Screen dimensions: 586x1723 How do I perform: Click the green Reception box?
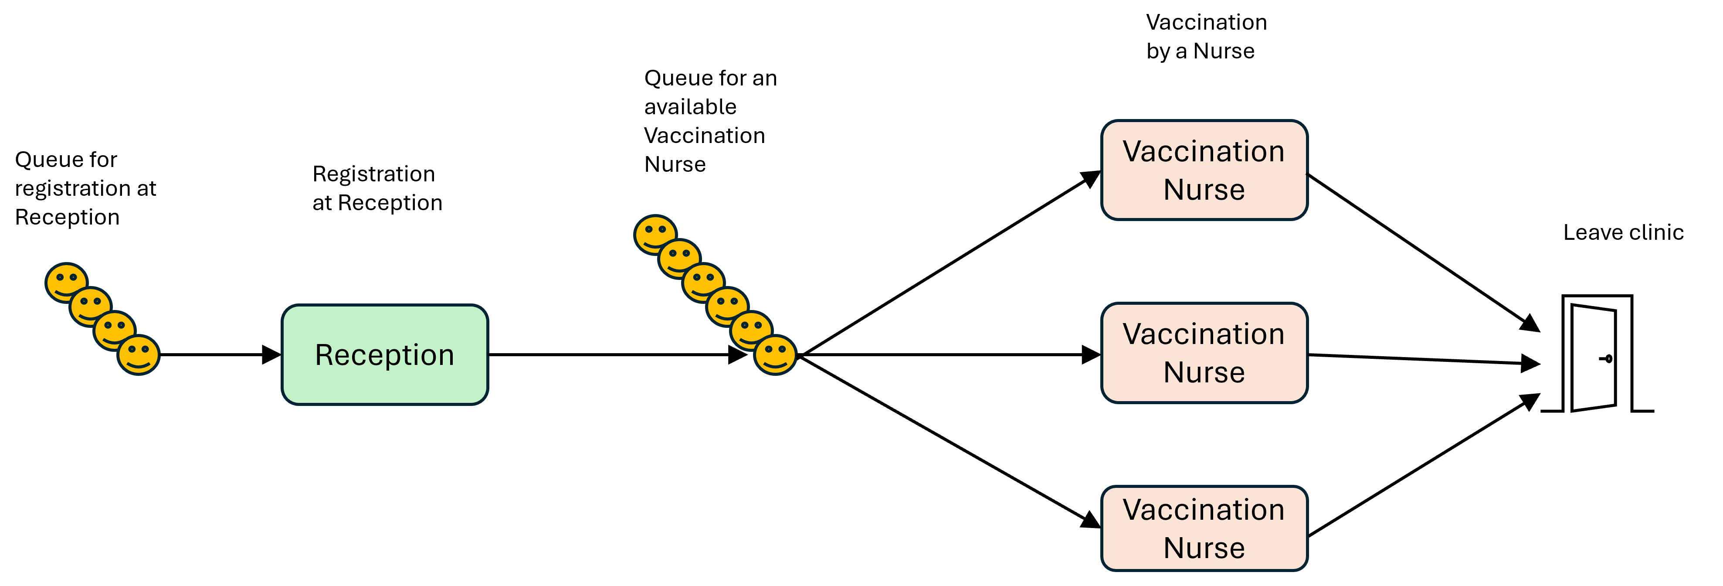point(385,354)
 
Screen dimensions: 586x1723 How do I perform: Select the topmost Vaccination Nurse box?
point(1204,170)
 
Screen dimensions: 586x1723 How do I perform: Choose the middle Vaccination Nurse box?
point(1204,353)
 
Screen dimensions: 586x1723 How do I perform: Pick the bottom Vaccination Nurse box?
point(1204,528)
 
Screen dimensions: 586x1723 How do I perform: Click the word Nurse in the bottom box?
point(1204,548)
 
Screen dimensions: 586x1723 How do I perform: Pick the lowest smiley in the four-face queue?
point(139,354)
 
